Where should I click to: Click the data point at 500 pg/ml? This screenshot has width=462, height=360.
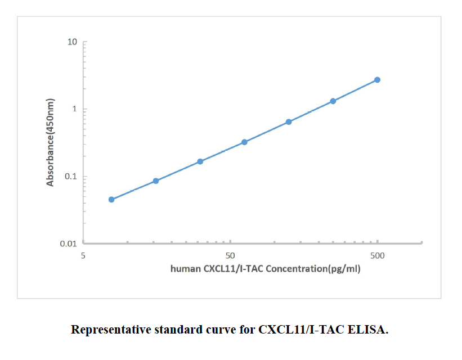click(x=377, y=80)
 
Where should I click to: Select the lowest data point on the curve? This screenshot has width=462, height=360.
click(x=111, y=200)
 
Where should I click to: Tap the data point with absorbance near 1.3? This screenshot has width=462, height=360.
click(x=333, y=101)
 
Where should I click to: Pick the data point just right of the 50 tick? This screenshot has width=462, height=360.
click(x=244, y=142)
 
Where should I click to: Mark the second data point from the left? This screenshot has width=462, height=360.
click(x=156, y=181)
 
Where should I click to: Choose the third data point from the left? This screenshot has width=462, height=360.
click(x=200, y=161)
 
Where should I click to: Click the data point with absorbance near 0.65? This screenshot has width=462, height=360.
click(x=289, y=122)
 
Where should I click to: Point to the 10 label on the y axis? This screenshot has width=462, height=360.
click(x=72, y=42)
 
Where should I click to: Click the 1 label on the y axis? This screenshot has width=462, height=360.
click(x=74, y=109)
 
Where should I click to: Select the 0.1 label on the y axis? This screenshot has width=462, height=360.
click(x=70, y=177)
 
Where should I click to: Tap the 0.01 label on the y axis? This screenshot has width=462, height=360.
click(x=69, y=244)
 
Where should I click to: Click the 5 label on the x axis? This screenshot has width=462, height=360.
click(x=83, y=256)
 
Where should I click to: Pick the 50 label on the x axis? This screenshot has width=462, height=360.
click(x=230, y=256)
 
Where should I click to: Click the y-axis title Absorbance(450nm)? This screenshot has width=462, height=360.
click(x=51, y=143)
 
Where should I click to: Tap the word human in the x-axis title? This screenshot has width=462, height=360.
click(x=185, y=269)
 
